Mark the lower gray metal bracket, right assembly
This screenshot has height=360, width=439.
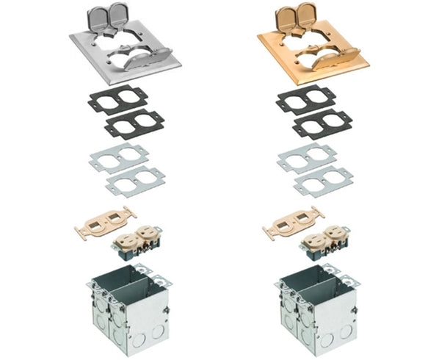(324, 181)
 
